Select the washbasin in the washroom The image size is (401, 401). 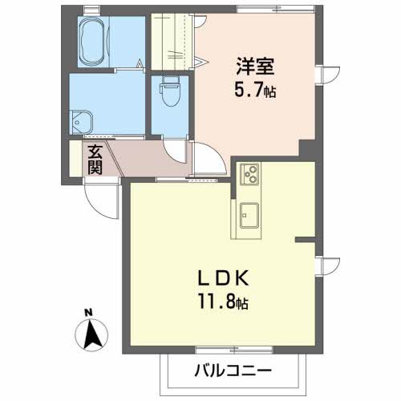tap(81, 122)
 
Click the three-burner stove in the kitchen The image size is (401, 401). tap(249, 173)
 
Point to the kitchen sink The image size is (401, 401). tap(249, 215)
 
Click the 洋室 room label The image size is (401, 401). tap(255, 66)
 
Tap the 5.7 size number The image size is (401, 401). tap(249, 89)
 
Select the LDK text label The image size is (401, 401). tap(224, 277)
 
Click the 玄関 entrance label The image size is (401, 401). tap(95, 160)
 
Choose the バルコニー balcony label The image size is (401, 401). tap(233, 371)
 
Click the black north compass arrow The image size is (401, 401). tap(91, 334)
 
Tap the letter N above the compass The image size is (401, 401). tap(88, 312)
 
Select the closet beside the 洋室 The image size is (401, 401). tap(172, 42)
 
